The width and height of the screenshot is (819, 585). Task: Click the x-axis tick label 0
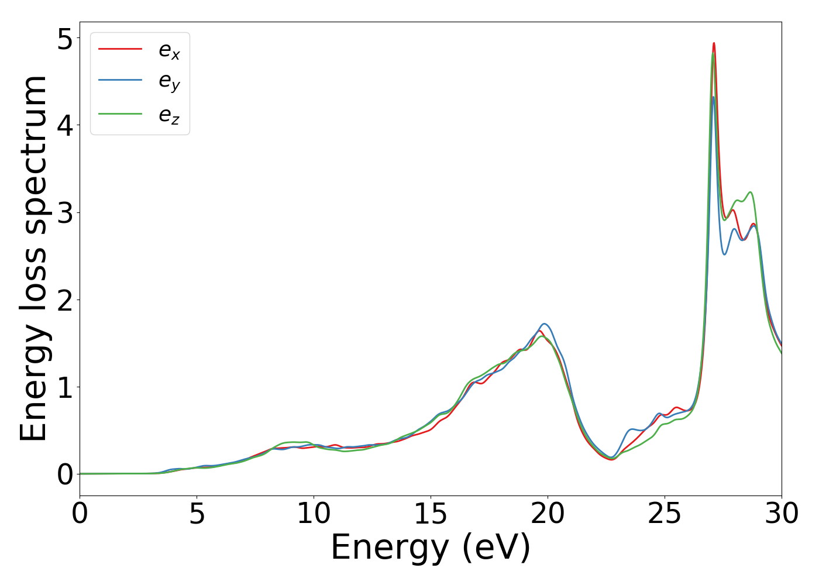click(x=80, y=514)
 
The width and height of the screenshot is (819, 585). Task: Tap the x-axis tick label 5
click(x=197, y=514)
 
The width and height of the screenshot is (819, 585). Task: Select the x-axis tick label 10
click(x=314, y=514)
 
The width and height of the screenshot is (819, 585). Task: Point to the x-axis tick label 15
click(x=431, y=514)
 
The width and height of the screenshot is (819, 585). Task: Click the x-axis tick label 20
click(x=548, y=514)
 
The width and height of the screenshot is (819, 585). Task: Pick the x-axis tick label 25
click(x=665, y=514)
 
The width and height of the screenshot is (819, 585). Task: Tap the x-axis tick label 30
click(x=782, y=514)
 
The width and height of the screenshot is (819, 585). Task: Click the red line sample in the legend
click(x=120, y=49)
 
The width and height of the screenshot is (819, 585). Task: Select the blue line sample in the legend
click(x=120, y=80)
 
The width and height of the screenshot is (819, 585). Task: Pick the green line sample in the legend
click(x=120, y=113)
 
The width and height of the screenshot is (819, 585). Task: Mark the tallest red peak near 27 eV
click(x=714, y=43)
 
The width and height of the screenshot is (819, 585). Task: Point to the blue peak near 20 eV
click(x=545, y=324)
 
